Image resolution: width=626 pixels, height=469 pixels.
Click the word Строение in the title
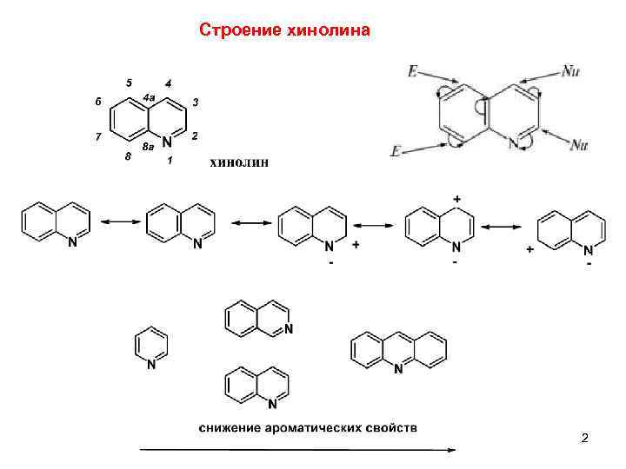point(238,30)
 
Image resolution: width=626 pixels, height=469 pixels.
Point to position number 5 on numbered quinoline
point(129,83)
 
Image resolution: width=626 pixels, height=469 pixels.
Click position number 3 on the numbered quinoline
point(196,102)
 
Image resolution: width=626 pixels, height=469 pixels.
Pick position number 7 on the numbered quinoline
point(99,136)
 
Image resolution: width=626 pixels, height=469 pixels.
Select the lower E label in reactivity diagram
point(396,152)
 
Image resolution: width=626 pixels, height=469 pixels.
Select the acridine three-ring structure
point(399,351)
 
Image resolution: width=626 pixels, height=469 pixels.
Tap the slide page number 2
point(585,439)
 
